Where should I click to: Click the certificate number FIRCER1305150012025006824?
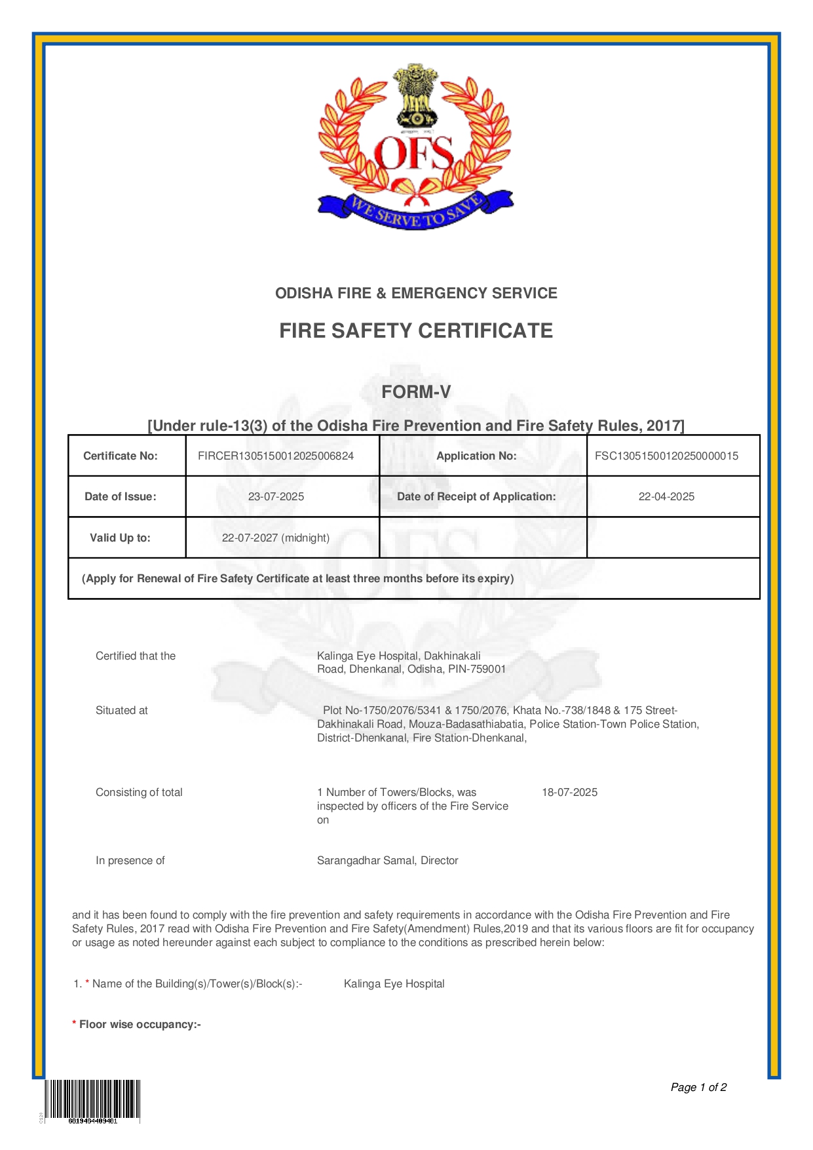click(275, 456)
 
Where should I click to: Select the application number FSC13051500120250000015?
click(666, 456)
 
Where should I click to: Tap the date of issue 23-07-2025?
click(276, 496)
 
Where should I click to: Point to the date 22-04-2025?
click(666, 496)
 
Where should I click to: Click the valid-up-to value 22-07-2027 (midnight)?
click(276, 538)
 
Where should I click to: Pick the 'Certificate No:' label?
click(121, 456)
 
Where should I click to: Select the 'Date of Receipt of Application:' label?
click(476, 496)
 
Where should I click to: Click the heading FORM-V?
click(416, 392)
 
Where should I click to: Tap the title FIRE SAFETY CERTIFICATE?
click(416, 330)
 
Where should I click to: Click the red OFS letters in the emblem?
click(413, 153)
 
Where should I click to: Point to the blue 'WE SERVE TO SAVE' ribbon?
click(415, 211)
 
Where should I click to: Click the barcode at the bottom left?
click(92, 1099)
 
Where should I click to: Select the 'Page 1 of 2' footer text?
click(698, 1087)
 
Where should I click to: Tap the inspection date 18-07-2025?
click(569, 792)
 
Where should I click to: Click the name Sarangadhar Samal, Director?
click(387, 860)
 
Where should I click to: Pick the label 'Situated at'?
click(122, 710)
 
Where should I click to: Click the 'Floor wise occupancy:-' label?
click(140, 1024)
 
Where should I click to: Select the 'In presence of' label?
click(130, 860)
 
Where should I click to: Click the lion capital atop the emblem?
click(415, 95)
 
